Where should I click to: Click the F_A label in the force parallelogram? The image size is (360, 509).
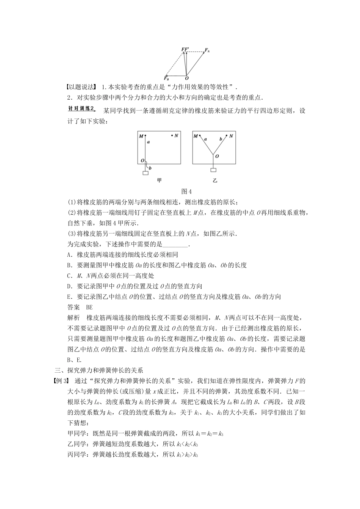[207, 50]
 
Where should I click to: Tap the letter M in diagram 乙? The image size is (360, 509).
[196, 136]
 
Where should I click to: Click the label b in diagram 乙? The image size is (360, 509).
[221, 139]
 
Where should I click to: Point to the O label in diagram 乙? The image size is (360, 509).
[217, 155]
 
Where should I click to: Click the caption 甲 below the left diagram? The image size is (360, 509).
[159, 181]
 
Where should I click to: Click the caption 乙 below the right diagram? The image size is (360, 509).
[215, 181]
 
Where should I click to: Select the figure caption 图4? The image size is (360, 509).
[187, 191]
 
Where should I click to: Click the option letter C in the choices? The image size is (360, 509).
[69, 276]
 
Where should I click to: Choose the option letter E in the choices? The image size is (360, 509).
[69, 297]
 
